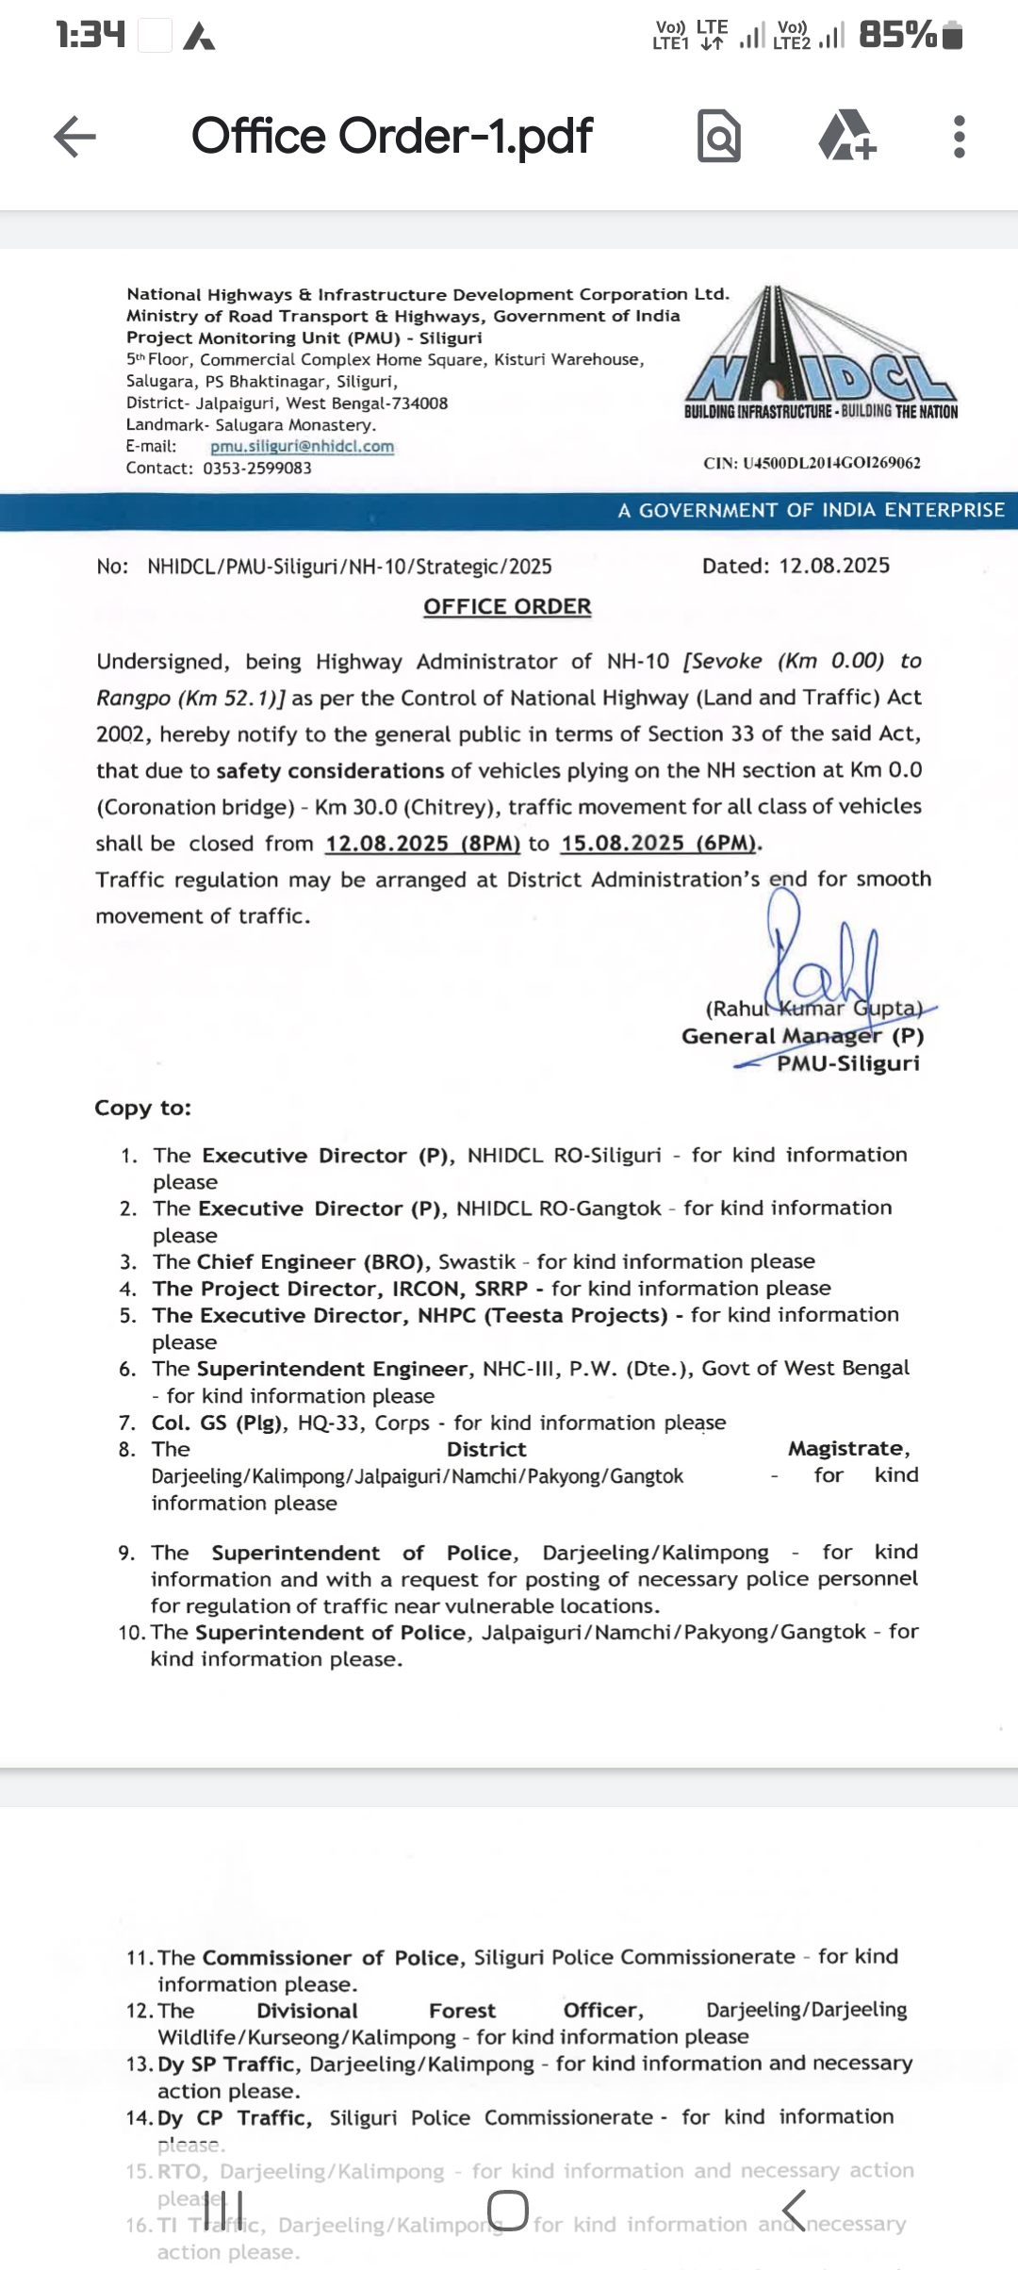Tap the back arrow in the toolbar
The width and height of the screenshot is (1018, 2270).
[75, 137]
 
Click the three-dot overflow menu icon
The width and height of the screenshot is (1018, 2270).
[959, 137]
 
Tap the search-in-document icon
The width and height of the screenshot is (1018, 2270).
[719, 137]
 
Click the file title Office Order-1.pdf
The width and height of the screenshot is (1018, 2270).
[392, 136]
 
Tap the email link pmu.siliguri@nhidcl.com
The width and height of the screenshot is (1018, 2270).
[302, 447]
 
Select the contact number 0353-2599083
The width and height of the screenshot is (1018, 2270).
[257, 469]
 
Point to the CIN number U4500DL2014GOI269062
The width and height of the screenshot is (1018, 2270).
[812, 463]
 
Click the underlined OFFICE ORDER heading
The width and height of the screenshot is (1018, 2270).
[507, 606]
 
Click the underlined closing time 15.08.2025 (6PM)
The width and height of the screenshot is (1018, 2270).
[660, 843]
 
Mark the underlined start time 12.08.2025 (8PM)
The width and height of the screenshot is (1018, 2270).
[422, 843]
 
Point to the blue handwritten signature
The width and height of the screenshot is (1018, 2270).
[820, 962]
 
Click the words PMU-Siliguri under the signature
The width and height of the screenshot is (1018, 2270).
[847, 1063]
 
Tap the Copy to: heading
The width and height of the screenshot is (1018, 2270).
[142, 1108]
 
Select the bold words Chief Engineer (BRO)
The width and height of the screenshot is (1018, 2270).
[313, 1261]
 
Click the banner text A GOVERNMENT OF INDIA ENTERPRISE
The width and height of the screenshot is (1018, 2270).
[811, 510]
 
